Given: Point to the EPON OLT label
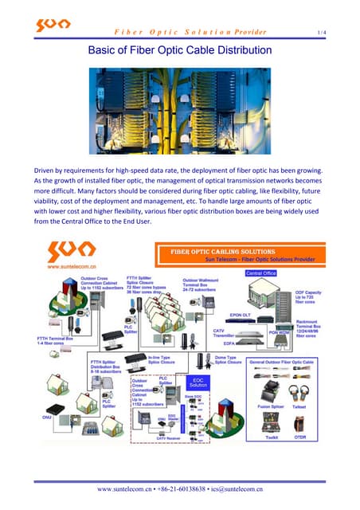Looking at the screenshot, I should pos(241,315).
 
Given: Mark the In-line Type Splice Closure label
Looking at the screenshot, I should pos(166,361).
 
